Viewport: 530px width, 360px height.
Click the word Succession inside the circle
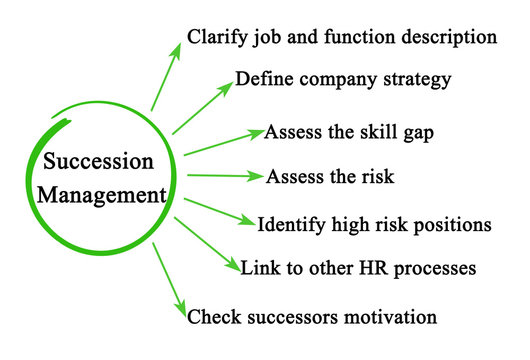[x=98, y=162]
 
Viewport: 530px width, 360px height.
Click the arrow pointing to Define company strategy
[x=202, y=108]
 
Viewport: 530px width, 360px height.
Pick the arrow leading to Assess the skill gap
[x=222, y=142]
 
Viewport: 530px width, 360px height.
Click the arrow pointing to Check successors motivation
[x=170, y=280]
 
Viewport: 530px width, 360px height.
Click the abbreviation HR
[x=373, y=268]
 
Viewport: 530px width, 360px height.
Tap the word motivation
[x=386, y=317]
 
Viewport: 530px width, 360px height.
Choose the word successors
[x=285, y=317]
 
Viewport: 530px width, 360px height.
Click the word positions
[x=450, y=225]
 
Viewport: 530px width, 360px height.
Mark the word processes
[x=432, y=268]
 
